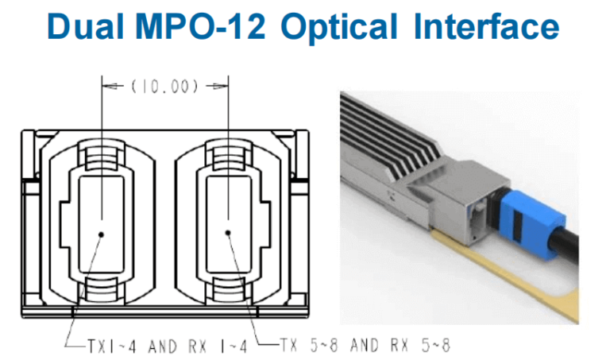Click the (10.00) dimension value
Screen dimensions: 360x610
(x=164, y=86)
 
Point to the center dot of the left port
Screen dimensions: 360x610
(x=102, y=234)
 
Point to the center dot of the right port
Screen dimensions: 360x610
(x=228, y=234)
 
